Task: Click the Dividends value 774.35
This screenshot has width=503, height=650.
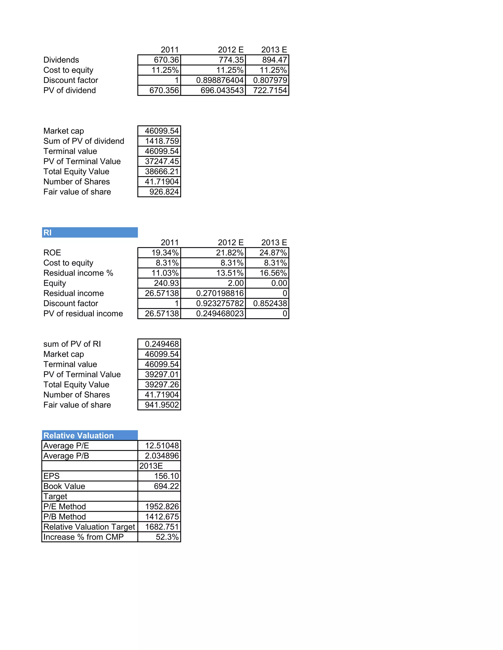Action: click(231, 60)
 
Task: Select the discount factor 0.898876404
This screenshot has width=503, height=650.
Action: click(220, 80)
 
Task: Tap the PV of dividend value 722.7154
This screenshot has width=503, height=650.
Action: click(270, 90)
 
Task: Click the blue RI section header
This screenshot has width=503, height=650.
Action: click(90, 233)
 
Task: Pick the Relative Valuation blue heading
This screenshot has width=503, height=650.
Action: click(90, 435)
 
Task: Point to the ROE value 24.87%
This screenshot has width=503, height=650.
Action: click(273, 253)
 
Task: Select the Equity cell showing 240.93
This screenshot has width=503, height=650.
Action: click(166, 283)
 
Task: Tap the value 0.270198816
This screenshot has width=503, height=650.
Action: click(220, 293)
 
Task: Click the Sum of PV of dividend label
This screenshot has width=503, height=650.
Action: click(84, 141)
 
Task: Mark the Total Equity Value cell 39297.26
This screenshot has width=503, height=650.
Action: click(162, 385)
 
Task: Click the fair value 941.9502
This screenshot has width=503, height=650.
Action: click(162, 405)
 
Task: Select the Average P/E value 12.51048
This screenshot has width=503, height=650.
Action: click(162, 445)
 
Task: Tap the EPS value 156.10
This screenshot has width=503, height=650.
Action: click(166, 476)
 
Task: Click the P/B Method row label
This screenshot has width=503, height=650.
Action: click(65, 517)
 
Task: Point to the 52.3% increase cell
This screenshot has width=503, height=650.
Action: click(167, 537)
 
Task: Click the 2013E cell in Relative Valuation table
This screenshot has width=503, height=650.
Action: click(151, 466)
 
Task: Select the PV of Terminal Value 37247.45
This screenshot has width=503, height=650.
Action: click(162, 161)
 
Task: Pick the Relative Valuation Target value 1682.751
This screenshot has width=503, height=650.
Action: click(162, 527)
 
